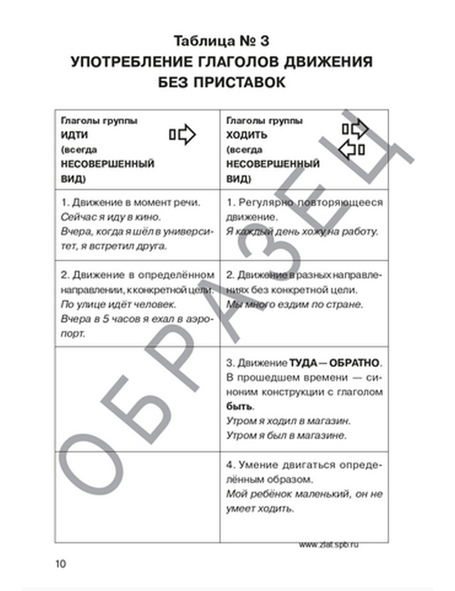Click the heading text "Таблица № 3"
pos(222,41)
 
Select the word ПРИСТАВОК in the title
pos(240,82)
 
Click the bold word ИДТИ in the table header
pos(74,135)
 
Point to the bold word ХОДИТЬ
pos(247,135)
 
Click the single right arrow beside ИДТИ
pos(182,135)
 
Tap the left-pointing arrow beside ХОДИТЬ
pos(352,150)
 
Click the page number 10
pos(61,564)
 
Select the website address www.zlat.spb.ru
pos(329,544)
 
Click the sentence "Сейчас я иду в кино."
pos(111,217)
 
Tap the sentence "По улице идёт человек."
pos(118,304)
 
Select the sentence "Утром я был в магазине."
pos(286,435)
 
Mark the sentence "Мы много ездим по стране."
pos(295,304)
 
